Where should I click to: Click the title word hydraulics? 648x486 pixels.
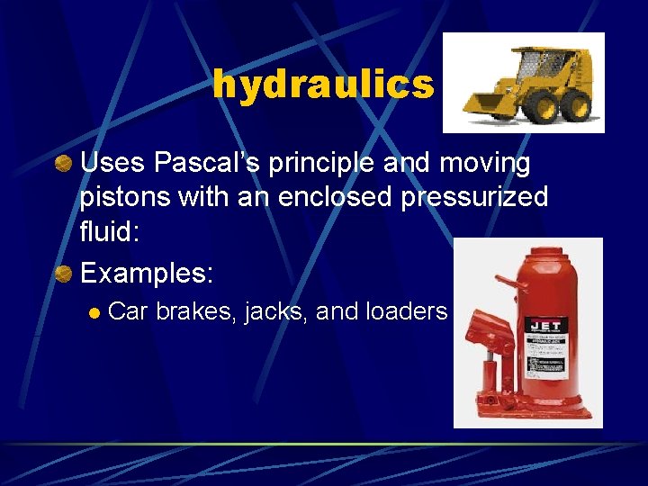pos(323,85)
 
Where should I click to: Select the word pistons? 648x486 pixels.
pos(120,197)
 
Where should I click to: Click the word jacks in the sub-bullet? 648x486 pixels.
pos(277,311)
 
